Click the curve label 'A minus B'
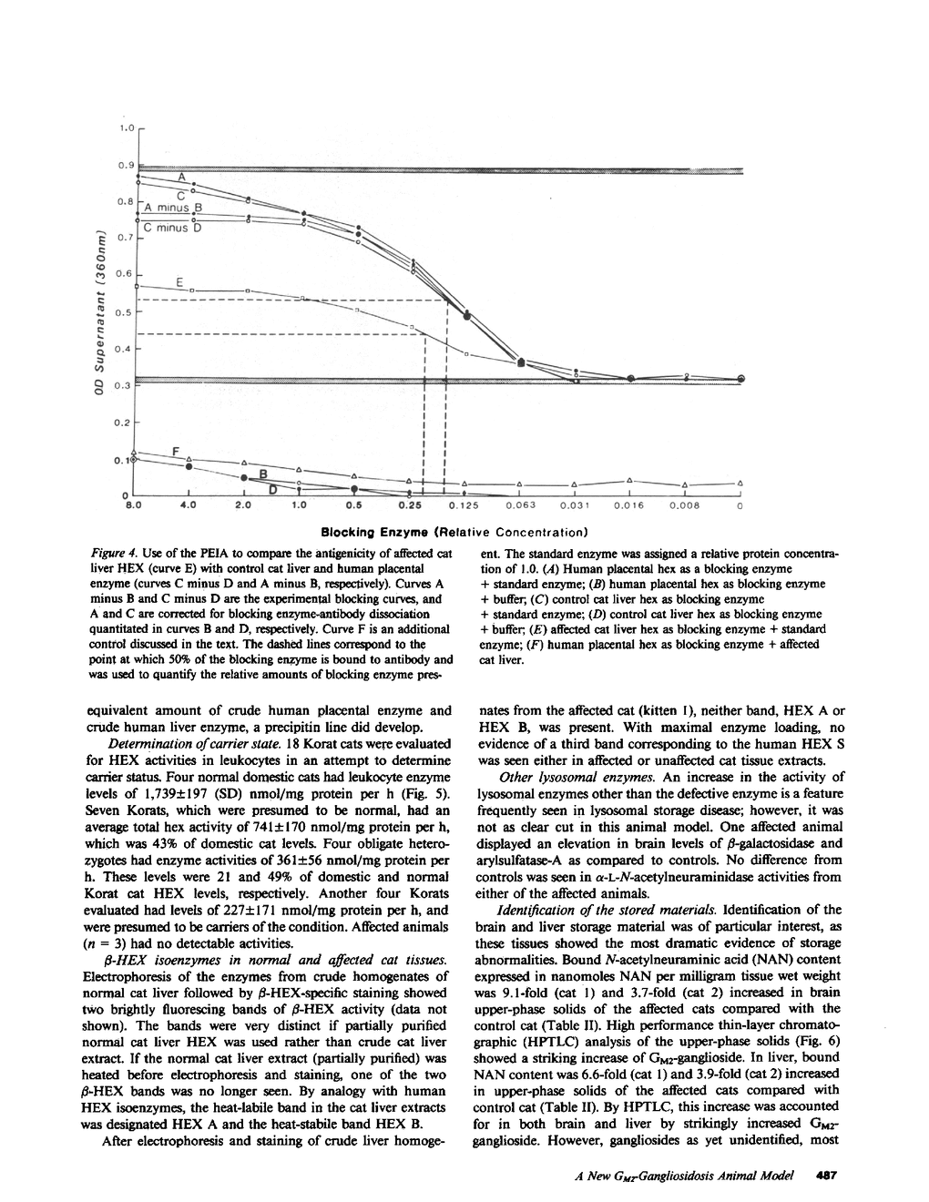tap(179, 208)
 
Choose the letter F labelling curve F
tap(175, 450)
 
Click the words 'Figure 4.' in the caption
tap(116, 554)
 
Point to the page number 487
tap(827, 1176)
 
